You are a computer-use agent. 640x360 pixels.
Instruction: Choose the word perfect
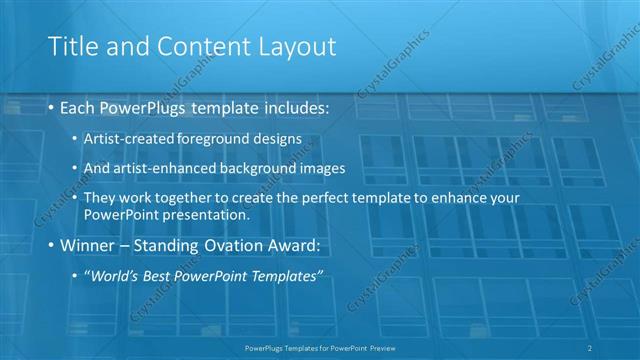pyautogui.click(x=330, y=198)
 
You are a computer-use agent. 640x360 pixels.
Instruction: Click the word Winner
pyautogui.click(x=89, y=244)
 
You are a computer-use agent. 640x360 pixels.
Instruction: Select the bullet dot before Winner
pyautogui.click(x=50, y=244)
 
